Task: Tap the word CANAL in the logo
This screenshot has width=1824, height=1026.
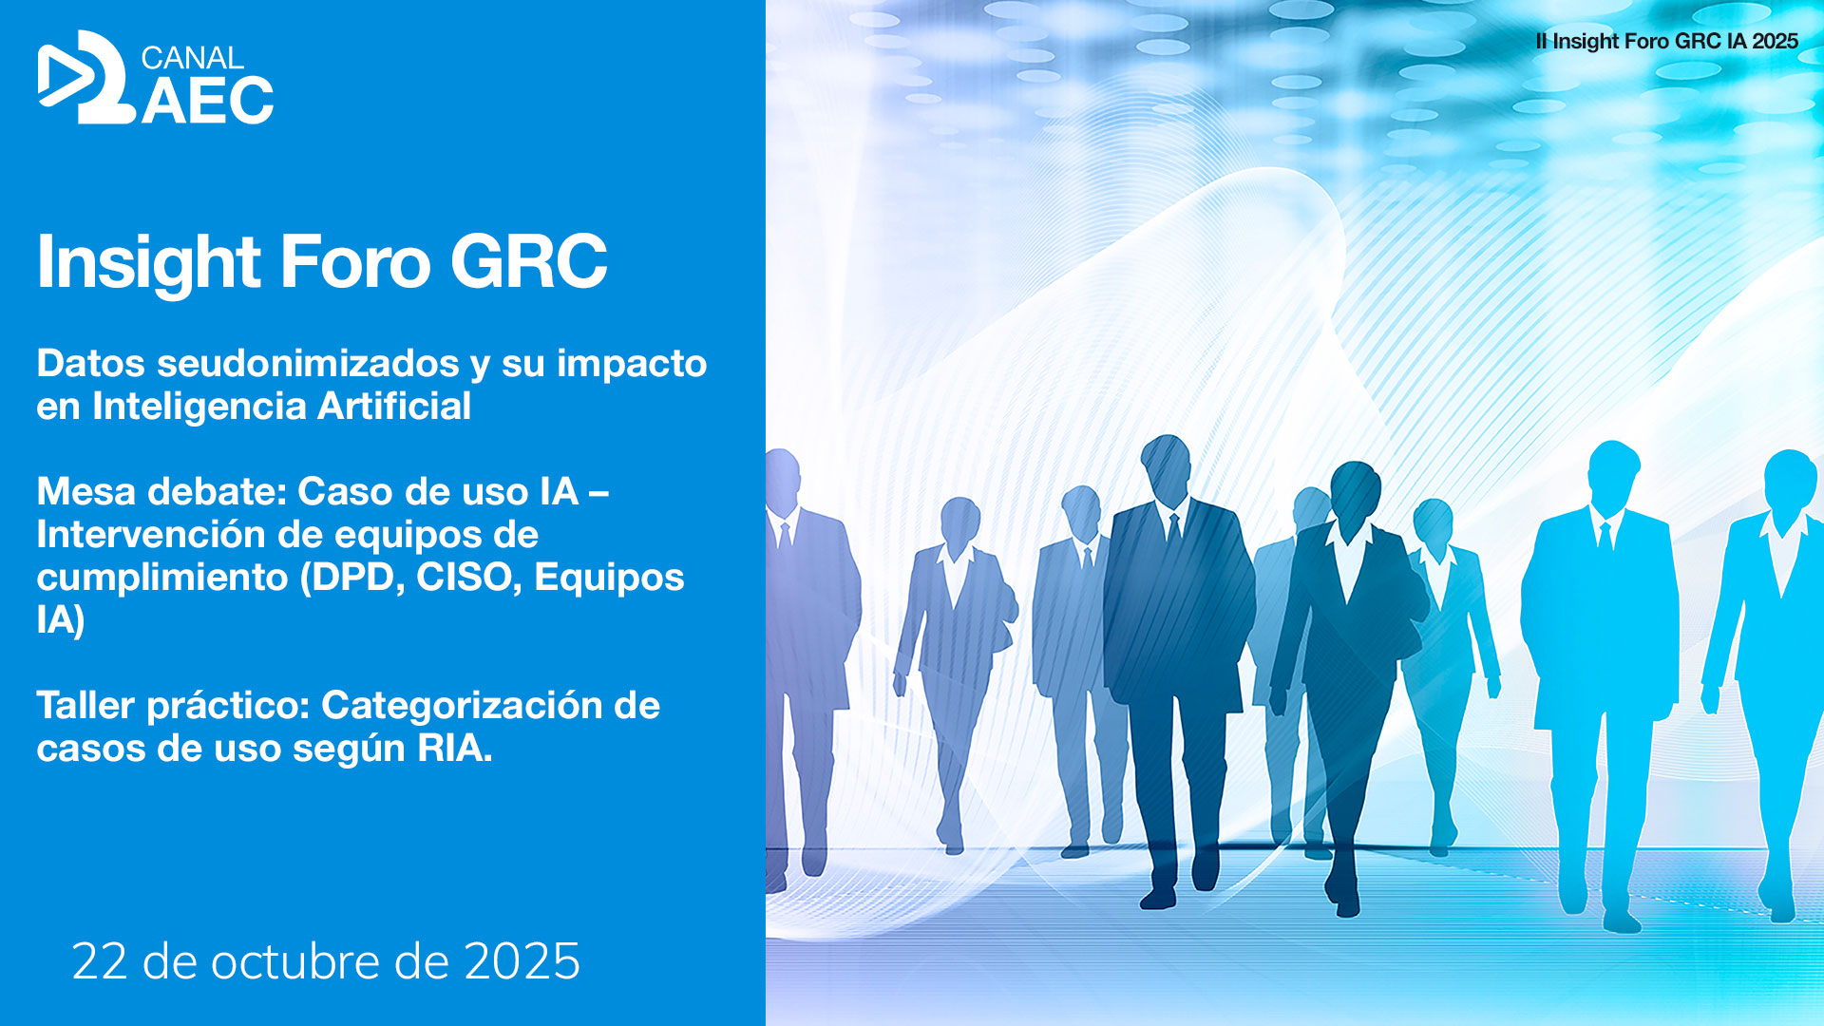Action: pyautogui.click(x=192, y=58)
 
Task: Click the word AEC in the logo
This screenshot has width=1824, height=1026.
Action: pyautogui.click(x=208, y=101)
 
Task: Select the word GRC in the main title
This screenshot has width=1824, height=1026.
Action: pyautogui.click(x=528, y=261)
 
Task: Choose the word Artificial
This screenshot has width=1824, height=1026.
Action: pyautogui.click(x=394, y=406)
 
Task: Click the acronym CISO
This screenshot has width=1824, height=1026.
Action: pyautogui.click(x=469, y=577)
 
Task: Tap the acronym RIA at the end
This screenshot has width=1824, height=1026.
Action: pyautogui.click(x=451, y=748)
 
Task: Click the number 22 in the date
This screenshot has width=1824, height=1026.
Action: pyautogui.click(x=99, y=961)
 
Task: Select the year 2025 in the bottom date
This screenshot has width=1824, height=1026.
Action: pyautogui.click(x=522, y=961)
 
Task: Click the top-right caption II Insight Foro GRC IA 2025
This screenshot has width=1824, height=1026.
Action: pyautogui.click(x=1666, y=41)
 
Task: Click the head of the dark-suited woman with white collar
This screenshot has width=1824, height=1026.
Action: pyautogui.click(x=1356, y=489)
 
